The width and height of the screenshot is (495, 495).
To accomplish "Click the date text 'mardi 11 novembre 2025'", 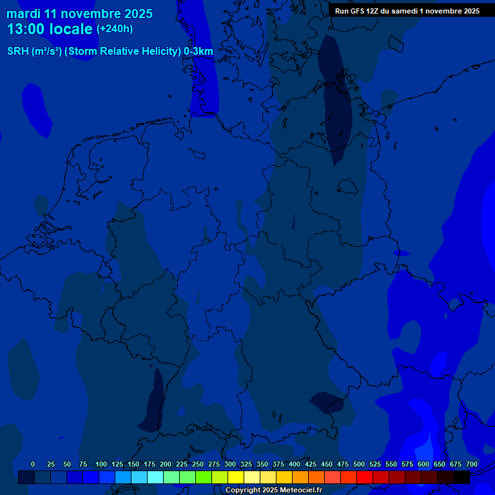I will (x=79, y=14).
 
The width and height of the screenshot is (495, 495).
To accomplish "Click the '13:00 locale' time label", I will (x=50, y=29).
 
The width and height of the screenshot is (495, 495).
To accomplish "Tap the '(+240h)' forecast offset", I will (x=115, y=29).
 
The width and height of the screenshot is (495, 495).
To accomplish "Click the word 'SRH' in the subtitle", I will (x=17, y=52).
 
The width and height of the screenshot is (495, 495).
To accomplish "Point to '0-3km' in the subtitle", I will (x=199, y=52).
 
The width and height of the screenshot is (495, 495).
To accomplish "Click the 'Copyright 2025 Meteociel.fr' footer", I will (x=273, y=490).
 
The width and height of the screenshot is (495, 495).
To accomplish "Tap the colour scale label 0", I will (x=33, y=465).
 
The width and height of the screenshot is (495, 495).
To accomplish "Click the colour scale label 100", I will (x=101, y=465).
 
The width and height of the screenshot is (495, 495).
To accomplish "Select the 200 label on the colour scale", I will (x=166, y=465).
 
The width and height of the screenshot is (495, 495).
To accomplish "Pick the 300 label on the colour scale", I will (x=230, y=465).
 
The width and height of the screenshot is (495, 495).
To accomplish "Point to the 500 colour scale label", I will (x=359, y=465).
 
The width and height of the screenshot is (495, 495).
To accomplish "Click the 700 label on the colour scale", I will (x=472, y=465).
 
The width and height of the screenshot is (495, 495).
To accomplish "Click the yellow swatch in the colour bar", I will (x=236, y=478).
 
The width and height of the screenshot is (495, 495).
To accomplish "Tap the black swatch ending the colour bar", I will (x=461, y=478).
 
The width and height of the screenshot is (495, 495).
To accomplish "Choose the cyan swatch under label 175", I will (x=155, y=478).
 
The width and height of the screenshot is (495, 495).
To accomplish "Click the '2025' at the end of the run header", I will (x=470, y=11).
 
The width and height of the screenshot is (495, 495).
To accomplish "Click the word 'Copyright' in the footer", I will (x=243, y=490).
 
